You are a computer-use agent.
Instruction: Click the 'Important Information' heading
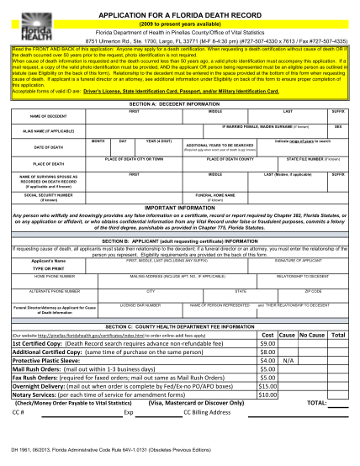click(x=181, y=228)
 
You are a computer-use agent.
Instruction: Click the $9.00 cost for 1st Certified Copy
click(x=267, y=367)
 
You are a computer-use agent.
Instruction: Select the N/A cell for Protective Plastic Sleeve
click(x=287, y=384)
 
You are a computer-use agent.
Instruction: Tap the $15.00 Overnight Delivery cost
click(x=267, y=410)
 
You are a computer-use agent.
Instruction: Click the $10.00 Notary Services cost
click(x=267, y=418)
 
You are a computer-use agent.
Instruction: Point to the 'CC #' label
click(x=19, y=436)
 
